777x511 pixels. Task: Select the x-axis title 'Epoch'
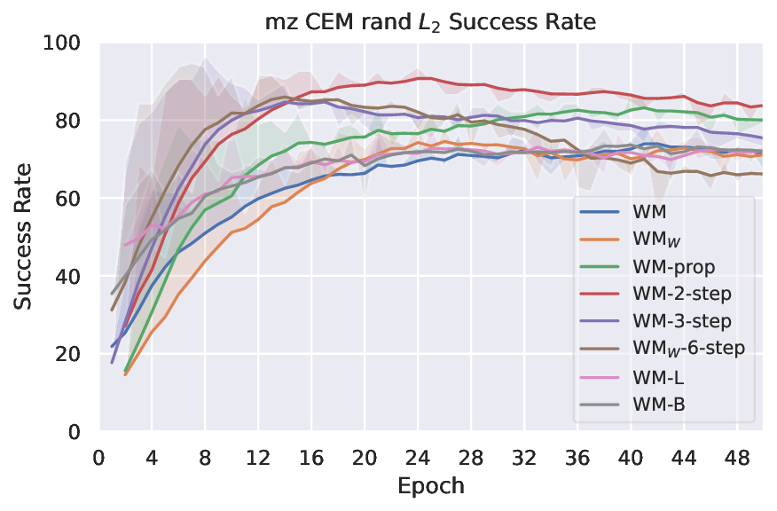431,486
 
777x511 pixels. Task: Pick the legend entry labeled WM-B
661,404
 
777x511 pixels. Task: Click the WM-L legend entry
660,376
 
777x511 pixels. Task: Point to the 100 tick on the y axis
67,43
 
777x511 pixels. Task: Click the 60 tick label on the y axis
72,199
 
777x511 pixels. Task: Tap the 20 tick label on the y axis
72,354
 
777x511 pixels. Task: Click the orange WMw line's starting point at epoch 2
125,374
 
